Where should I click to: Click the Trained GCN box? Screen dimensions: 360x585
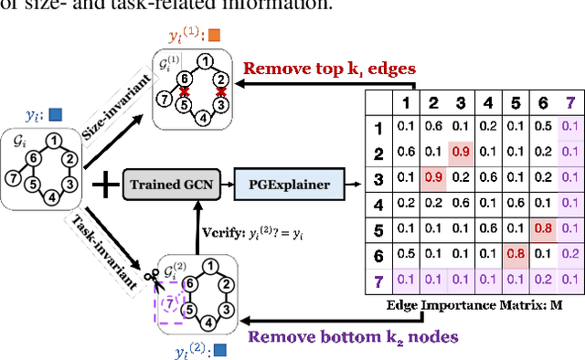(171, 185)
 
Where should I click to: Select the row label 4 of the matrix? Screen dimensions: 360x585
(380, 203)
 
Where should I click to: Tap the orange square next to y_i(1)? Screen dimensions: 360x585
(214, 36)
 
